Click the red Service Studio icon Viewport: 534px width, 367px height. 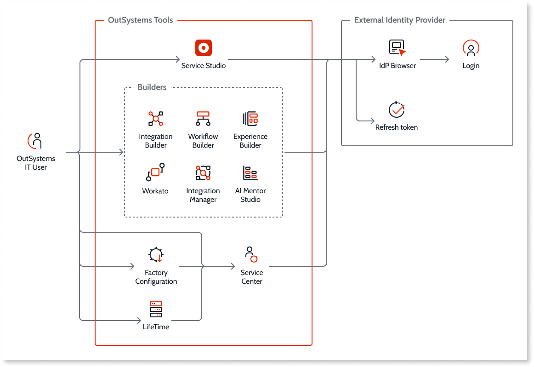click(203, 48)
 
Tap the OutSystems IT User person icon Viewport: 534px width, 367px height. click(36, 141)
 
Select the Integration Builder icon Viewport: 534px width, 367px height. click(156, 119)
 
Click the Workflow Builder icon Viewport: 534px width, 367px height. click(203, 119)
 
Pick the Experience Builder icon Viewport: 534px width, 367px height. click(250, 119)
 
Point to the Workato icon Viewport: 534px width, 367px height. click(155, 173)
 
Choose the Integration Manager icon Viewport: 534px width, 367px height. click(203, 173)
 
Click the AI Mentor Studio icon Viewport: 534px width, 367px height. click(250, 173)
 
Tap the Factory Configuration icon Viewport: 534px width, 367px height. click(156, 255)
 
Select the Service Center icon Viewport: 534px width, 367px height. click(251, 255)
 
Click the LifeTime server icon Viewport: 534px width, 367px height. click(156, 310)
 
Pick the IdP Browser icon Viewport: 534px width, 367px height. click(397, 48)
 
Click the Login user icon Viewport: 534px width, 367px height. click(471, 48)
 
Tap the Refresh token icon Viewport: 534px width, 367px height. click(397, 109)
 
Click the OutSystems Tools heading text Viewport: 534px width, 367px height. click(140, 20)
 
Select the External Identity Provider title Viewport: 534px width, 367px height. click(399, 20)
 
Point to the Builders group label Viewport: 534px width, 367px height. click(152, 87)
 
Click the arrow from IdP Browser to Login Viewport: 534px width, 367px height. click(434, 59)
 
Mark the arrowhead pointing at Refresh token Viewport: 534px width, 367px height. click(373, 121)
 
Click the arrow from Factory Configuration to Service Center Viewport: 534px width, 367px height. click(207, 266)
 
